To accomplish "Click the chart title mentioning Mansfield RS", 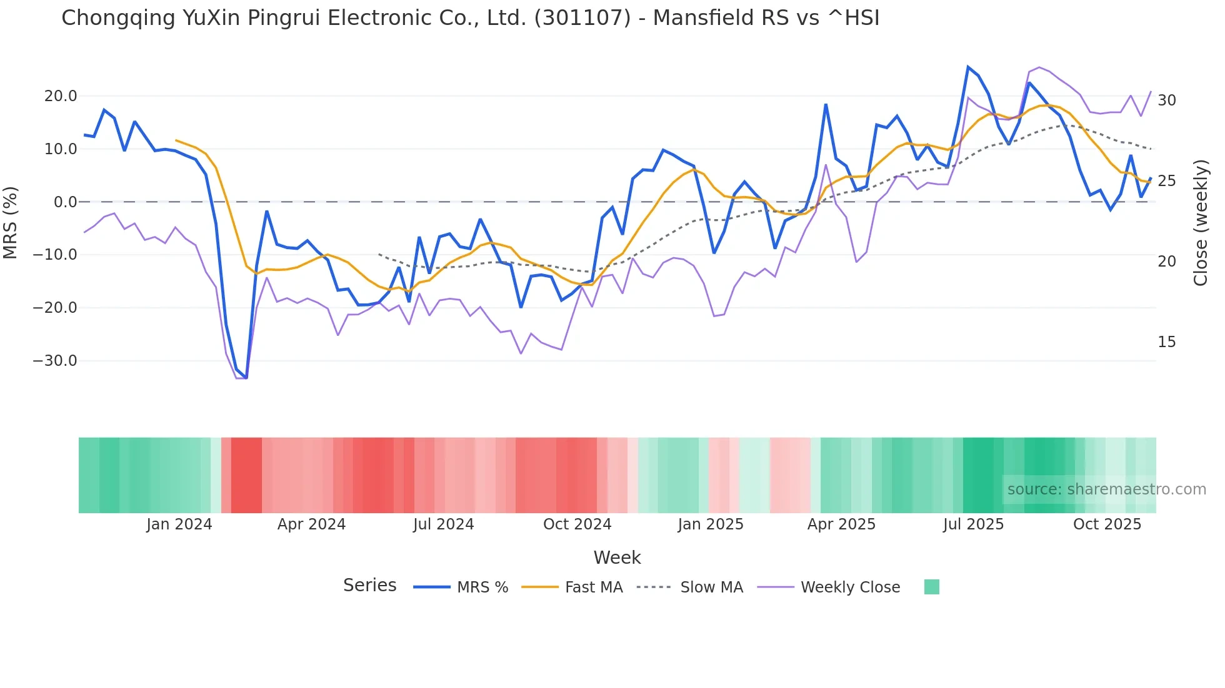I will pyautogui.click(x=470, y=18).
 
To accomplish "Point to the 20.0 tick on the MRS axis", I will pyautogui.click(x=61, y=96).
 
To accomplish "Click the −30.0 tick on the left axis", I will pyautogui.click(x=56, y=361).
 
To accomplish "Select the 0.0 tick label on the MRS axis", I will pyautogui.click(x=65, y=202).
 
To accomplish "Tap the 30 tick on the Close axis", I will pyautogui.click(x=1166, y=101).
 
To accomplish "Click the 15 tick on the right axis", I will pyautogui.click(x=1166, y=342).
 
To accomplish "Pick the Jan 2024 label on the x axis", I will pyautogui.click(x=179, y=524).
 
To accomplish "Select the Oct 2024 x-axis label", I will pyautogui.click(x=577, y=524).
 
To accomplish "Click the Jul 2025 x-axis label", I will pyautogui.click(x=973, y=524).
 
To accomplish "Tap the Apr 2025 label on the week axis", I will pyautogui.click(x=841, y=524).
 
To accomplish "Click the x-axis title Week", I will pyautogui.click(x=617, y=558).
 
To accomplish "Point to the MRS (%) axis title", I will pyautogui.click(x=11, y=223).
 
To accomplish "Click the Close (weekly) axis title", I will pyautogui.click(x=1200, y=223).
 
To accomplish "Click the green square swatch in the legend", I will pyautogui.click(x=931, y=587).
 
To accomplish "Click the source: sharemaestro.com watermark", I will pyautogui.click(x=1106, y=489).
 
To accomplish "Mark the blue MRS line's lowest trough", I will pyautogui.click(x=246, y=378).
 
